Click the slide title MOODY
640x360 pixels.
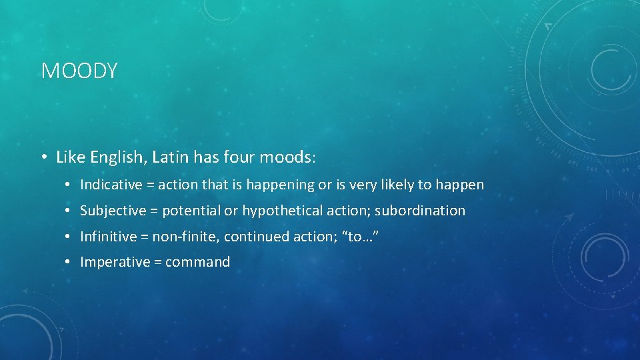[x=79, y=71]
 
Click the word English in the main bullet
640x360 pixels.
[x=115, y=157]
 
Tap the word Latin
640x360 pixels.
[x=171, y=157]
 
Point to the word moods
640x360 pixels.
[x=285, y=157]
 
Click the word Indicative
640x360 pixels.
[x=111, y=185]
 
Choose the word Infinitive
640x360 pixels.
[x=110, y=237]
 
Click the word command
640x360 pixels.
[x=197, y=262]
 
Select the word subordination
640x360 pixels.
[x=420, y=211]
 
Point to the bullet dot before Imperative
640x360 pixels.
[x=69, y=263]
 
